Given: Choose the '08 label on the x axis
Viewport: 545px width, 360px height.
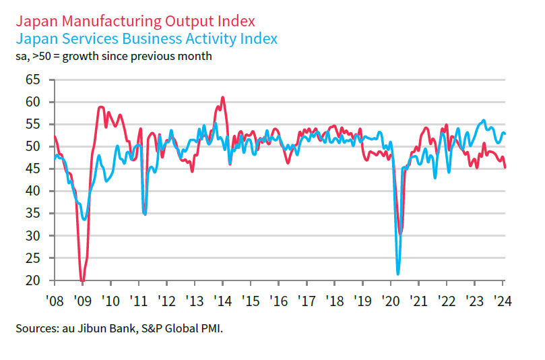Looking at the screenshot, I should tap(54, 301).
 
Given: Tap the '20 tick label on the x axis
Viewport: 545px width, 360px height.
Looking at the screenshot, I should tap(390, 301).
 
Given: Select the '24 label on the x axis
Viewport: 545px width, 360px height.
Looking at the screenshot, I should tap(502, 301).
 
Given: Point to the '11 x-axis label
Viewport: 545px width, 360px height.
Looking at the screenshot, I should tap(138, 301).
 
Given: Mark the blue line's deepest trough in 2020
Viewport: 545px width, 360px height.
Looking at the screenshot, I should tap(398, 274).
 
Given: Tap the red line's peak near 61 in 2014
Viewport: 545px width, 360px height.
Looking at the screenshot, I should tap(222, 97).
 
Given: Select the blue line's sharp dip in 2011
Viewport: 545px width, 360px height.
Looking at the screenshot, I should tap(145, 214).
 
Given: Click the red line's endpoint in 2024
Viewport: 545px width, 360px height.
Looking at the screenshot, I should tap(506, 168).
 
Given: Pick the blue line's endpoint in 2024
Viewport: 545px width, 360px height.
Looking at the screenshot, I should tap(506, 133).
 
